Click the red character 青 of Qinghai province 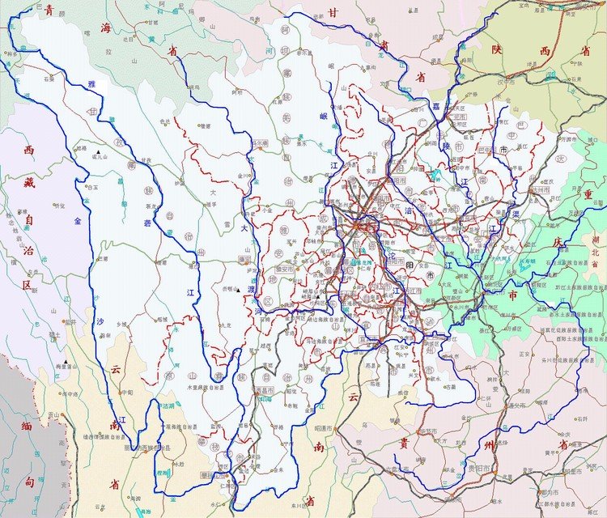click(x=50, y=10)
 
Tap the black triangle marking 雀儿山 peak click(x=99, y=153)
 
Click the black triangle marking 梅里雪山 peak click(x=64, y=362)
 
